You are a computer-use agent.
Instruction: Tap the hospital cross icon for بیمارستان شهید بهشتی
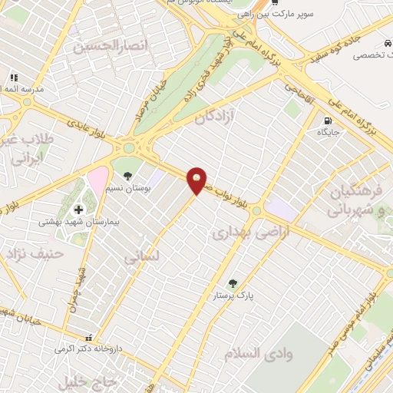click(x=78, y=210)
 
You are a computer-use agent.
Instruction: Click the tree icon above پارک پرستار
click(x=233, y=282)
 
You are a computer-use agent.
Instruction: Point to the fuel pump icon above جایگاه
click(x=329, y=121)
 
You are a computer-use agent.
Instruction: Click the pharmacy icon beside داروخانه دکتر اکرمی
click(x=90, y=338)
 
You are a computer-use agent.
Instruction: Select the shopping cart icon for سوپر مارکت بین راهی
click(x=274, y=3)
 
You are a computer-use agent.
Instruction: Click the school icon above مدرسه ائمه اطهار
click(x=13, y=78)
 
